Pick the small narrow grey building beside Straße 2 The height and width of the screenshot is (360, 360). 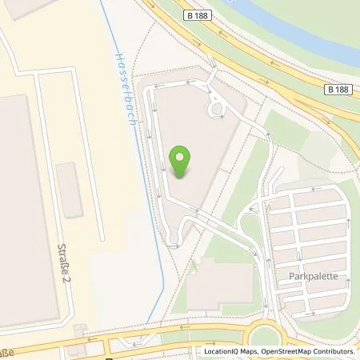pos(70,190)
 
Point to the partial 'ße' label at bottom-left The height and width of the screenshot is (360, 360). pos(7,352)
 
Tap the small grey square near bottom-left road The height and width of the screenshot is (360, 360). pos(80,329)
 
